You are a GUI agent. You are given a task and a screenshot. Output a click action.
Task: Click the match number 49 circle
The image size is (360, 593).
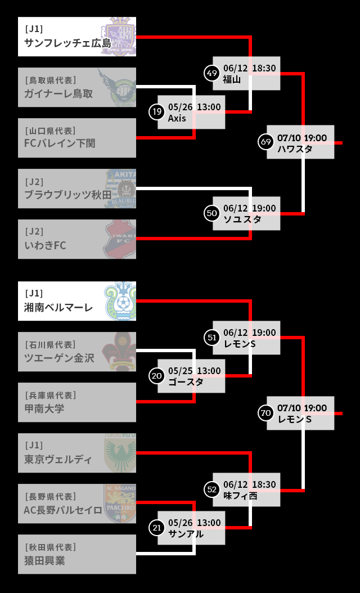[x=212, y=73]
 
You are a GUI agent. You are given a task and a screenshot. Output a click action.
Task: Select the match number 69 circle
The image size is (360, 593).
[x=266, y=142]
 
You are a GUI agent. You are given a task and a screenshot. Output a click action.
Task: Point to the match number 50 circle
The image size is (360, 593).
[x=212, y=213]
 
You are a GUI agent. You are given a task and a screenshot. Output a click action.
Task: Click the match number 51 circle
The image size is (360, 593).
[x=212, y=338]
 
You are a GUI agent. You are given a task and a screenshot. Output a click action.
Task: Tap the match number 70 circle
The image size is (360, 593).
[x=266, y=413]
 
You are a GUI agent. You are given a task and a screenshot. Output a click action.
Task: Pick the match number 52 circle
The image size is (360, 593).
[x=212, y=489]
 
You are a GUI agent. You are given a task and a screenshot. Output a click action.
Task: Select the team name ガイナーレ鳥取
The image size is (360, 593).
[x=58, y=93]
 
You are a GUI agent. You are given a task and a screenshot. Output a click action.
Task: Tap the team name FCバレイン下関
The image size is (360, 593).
[x=60, y=143]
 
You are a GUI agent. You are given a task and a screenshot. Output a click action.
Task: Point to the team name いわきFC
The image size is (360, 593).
[x=45, y=245]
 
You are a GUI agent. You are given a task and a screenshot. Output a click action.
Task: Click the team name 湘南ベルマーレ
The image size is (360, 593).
[x=58, y=307]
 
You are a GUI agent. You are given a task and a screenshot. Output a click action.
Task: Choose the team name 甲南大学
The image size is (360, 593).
[x=44, y=408]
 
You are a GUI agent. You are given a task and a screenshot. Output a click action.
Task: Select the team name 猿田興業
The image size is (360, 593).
[x=44, y=560]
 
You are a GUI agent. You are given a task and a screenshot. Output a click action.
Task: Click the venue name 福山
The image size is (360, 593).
[x=232, y=79]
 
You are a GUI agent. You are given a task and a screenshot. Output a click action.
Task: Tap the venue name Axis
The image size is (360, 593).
[x=177, y=118]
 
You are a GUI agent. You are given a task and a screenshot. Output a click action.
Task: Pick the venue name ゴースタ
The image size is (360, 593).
[x=185, y=382]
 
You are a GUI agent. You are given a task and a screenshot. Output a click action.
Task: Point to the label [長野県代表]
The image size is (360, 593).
[x=50, y=496]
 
